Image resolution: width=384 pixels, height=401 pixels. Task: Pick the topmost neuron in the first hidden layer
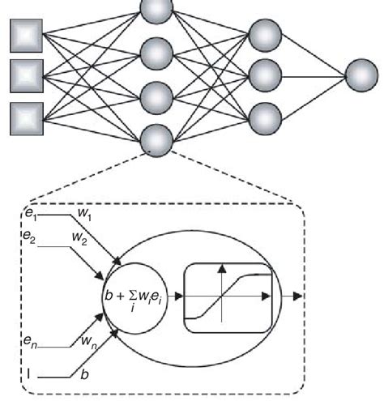click(x=156, y=10)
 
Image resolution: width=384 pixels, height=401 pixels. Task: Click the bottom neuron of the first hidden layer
click(x=156, y=140)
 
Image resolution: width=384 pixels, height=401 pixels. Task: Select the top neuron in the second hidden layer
click(x=266, y=36)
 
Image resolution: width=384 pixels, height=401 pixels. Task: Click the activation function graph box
click(x=228, y=296)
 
